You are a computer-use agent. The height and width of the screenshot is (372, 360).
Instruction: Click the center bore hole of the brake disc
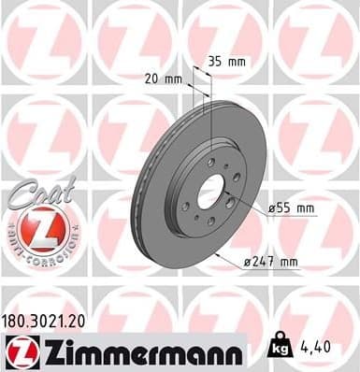tap(207, 185)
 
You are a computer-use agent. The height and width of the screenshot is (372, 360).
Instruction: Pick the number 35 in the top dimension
tap(214, 62)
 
